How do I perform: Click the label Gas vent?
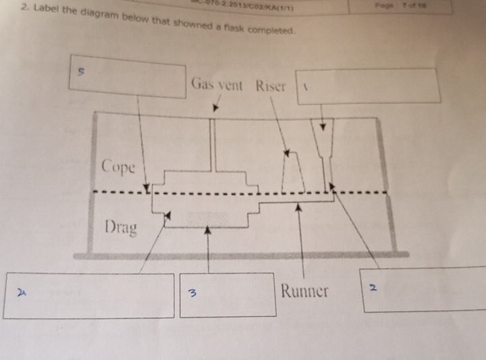(x=217, y=86)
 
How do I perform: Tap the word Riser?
(x=271, y=86)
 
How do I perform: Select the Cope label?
(x=119, y=167)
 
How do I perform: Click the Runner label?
(x=304, y=291)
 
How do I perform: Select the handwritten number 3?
(x=192, y=294)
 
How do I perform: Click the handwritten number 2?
(x=372, y=289)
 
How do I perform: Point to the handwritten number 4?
(x=21, y=292)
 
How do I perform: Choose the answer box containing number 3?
(x=227, y=295)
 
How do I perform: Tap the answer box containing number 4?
(x=88, y=295)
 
